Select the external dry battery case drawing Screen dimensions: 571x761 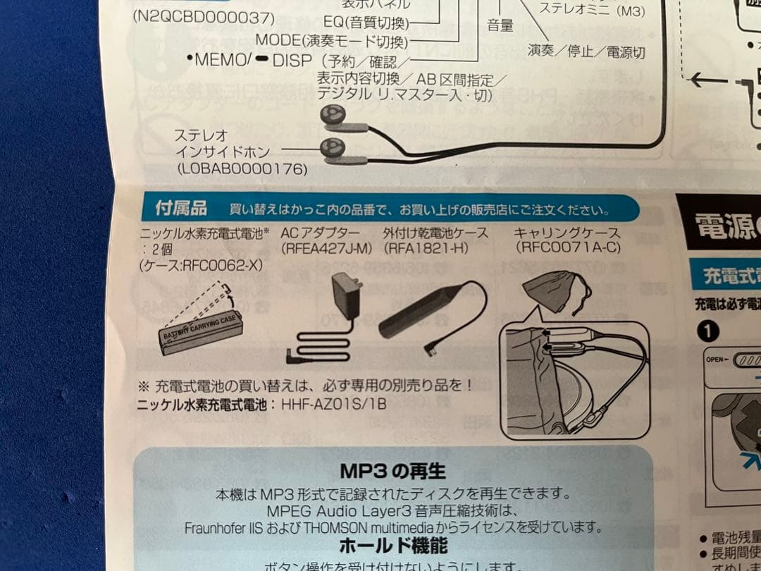click(x=423, y=310)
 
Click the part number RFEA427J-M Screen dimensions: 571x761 click(x=326, y=248)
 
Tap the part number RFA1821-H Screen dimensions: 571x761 click(x=426, y=248)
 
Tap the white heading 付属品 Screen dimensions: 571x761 click(x=181, y=209)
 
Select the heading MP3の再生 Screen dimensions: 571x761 click(x=392, y=470)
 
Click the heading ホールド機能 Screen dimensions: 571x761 click(x=392, y=545)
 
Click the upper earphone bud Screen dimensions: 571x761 click(x=332, y=115)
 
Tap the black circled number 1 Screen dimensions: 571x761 click(x=710, y=330)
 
